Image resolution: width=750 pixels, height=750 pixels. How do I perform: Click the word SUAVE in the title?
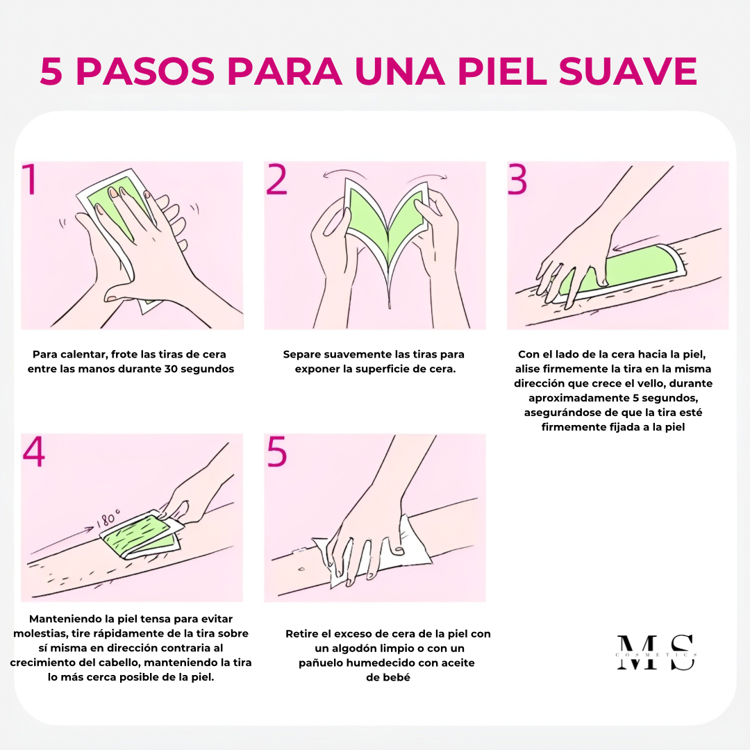(x=628, y=72)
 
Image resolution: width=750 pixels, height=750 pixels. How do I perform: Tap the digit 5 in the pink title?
(x=51, y=72)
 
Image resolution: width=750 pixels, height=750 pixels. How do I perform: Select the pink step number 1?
(x=30, y=179)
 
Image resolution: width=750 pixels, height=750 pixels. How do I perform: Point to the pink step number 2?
(x=276, y=179)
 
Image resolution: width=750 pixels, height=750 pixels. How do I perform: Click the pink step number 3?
(x=517, y=179)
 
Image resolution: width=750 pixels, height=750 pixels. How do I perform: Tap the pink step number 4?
(x=34, y=451)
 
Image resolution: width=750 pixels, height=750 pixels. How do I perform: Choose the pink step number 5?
(x=277, y=451)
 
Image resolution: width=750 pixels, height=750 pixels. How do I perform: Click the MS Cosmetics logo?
(x=656, y=652)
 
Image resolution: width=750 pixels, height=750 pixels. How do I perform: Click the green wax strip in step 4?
(x=139, y=535)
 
